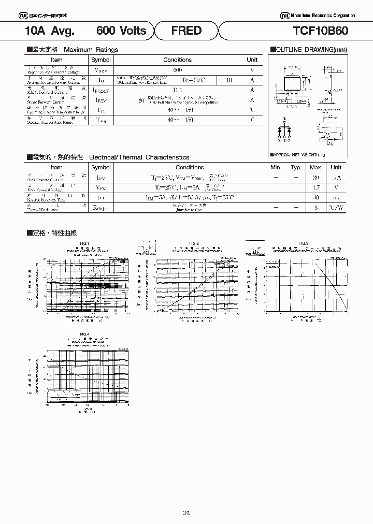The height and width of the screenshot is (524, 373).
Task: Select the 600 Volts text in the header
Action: [121, 31]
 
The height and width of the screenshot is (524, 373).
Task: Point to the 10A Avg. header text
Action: [50, 31]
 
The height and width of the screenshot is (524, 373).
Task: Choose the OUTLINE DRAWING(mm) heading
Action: [308, 50]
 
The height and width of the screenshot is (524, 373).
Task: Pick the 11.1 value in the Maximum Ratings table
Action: [178, 90]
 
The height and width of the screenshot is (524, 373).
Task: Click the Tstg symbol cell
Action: [101, 120]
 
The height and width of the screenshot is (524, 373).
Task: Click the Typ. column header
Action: [296, 167]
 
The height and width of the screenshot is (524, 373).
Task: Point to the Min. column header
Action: [276, 167]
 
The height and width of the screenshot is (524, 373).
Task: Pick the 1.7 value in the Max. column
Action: [316, 187]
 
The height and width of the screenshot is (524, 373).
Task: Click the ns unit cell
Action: [336, 197]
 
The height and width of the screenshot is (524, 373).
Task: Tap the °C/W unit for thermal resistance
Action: [336, 207]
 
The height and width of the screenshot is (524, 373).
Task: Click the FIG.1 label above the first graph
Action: [84, 243]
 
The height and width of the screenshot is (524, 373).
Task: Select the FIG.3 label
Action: [304, 243]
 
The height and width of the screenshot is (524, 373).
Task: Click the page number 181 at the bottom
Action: [187, 513]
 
